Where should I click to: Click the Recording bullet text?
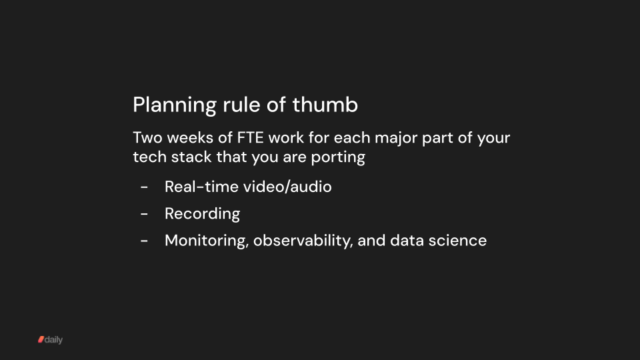tap(202, 213)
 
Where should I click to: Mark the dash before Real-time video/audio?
tap(145, 187)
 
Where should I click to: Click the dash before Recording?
tap(145, 214)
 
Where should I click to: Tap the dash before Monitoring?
tap(145, 241)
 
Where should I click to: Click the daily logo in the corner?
tap(50, 340)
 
